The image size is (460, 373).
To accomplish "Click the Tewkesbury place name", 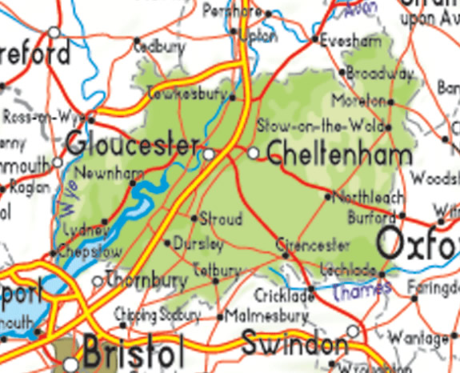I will tap(186, 94).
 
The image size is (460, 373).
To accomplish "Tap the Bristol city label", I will tap(133, 350).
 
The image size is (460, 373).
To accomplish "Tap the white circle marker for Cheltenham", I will tap(253, 152).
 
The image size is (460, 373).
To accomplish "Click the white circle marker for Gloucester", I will tap(209, 152).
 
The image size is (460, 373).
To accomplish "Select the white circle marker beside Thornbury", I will tap(98, 281).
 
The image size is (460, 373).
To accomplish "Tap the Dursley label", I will tap(198, 243).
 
